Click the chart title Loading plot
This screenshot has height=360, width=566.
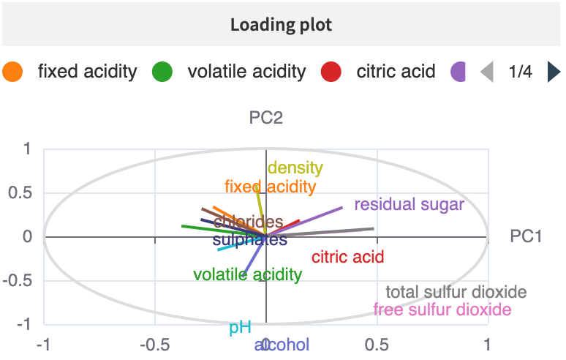[282, 25]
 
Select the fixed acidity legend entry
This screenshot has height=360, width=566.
[87, 72]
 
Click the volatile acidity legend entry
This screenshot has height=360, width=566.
[246, 72]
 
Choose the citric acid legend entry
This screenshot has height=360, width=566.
[396, 72]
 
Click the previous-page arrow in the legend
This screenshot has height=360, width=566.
[487, 72]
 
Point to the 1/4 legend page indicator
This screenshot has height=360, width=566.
[520, 72]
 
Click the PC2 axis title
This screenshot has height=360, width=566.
[266, 117]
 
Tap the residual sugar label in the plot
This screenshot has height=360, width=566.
[409, 205]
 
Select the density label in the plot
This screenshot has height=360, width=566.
[295, 168]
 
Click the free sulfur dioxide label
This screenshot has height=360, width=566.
[442, 310]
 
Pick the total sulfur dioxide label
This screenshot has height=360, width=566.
[456, 292]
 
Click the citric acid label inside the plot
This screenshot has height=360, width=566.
[347, 257]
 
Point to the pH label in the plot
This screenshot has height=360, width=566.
[240, 328]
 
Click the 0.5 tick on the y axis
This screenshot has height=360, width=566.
[25, 192]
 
